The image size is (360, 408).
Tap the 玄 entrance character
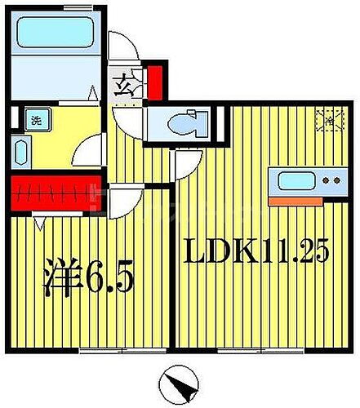click(120, 83)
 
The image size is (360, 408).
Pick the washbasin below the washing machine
click(22, 153)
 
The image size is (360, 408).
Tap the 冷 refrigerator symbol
click(326, 120)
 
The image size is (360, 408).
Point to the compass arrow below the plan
click(180, 382)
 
